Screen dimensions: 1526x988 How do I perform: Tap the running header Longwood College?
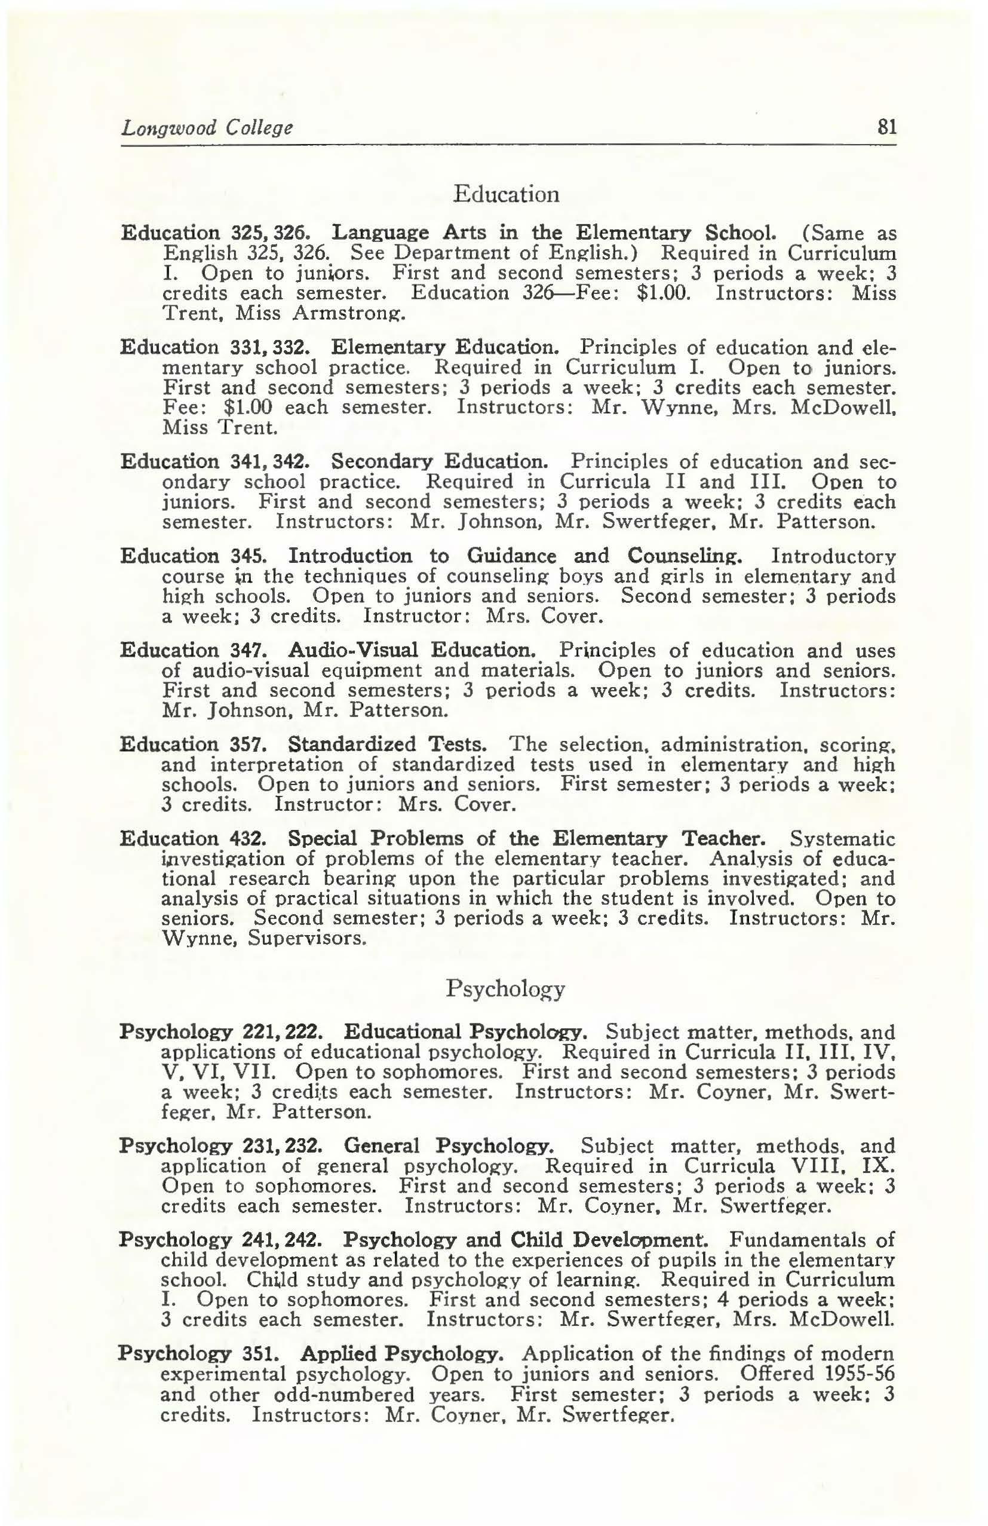pos(207,128)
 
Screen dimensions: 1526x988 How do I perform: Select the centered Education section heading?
pos(506,194)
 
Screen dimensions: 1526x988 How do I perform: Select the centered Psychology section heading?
pos(505,989)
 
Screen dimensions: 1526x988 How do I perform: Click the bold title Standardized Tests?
pos(386,744)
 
